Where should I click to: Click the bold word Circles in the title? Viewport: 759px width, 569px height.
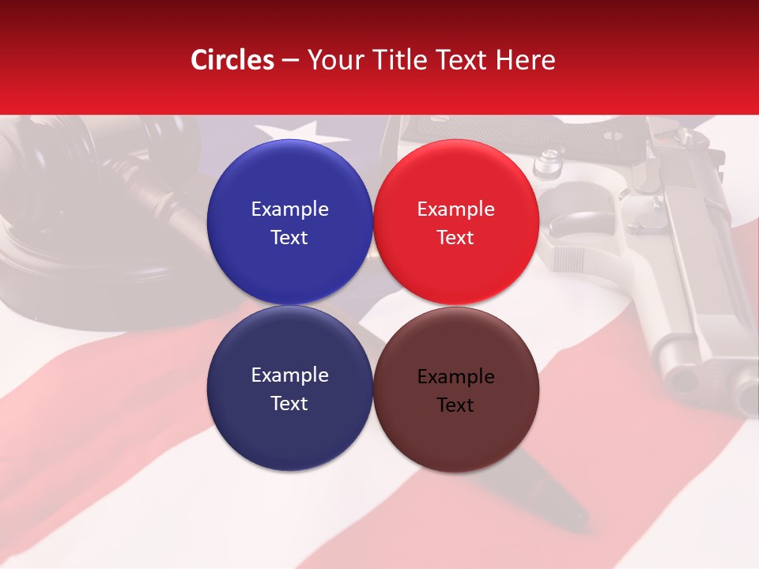pyautogui.click(x=232, y=60)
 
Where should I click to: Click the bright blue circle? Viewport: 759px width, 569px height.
pyautogui.click(x=289, y=222)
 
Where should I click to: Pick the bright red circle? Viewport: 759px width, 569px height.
pyautogui.click(x=455, y=222)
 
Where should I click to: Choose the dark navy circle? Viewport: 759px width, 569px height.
pyautogui.click(x=289, y=388)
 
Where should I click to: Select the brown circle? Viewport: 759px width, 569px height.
pyautogui.click(x=455, y=388)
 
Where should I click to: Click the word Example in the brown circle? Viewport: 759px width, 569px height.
pyautogui.click(x=455, y=377)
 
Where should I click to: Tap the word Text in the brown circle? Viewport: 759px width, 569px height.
pyautogui.click(x=455, y=405)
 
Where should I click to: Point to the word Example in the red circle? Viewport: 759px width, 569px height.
pyautogui.click(x=455, y=209)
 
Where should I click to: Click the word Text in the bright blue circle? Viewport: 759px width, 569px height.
pyautogui.click(x=289, y=238)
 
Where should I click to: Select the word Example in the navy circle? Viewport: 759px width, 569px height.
pyautogui.click(x=289, y=375)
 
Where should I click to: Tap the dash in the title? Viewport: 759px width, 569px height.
pyautogui.click(x=291, y=60)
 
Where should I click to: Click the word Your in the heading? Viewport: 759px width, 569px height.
pyautogui.click(x=332, y=60)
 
